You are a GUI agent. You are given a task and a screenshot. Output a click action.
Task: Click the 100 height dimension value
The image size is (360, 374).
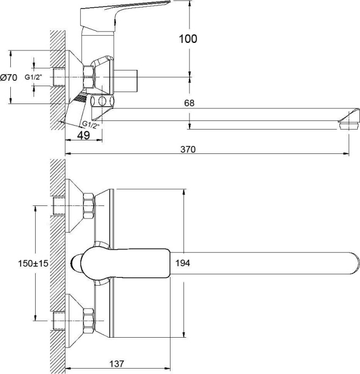coord(188,38)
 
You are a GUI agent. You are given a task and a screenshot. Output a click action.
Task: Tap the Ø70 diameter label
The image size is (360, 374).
coord(9,78)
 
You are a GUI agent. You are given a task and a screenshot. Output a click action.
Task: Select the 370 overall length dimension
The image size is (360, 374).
coord(188,149)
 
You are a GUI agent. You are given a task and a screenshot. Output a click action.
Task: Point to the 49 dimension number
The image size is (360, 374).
coord(83,136)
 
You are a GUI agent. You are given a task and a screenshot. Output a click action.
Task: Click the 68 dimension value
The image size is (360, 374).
coord(189,103)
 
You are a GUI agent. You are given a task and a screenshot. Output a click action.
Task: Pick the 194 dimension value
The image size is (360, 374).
coord(183,263)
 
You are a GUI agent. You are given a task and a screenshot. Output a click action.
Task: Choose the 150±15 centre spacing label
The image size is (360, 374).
coord(33,263)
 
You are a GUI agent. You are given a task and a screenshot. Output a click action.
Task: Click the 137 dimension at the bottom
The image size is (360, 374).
coord(117,364)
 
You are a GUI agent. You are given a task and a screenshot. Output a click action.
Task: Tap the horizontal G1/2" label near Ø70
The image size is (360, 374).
coord(34,77)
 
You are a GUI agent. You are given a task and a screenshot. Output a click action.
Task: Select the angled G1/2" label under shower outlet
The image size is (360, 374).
coord(90,125)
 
